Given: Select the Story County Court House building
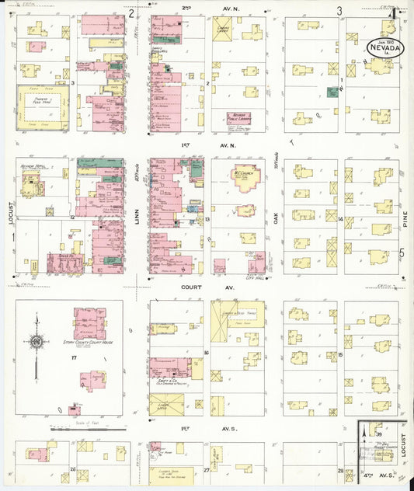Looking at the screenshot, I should (89, 322).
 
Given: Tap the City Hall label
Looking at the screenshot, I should (256, 277).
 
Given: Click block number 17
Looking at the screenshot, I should (74, 357).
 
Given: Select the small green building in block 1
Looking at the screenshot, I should (333, 92).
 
